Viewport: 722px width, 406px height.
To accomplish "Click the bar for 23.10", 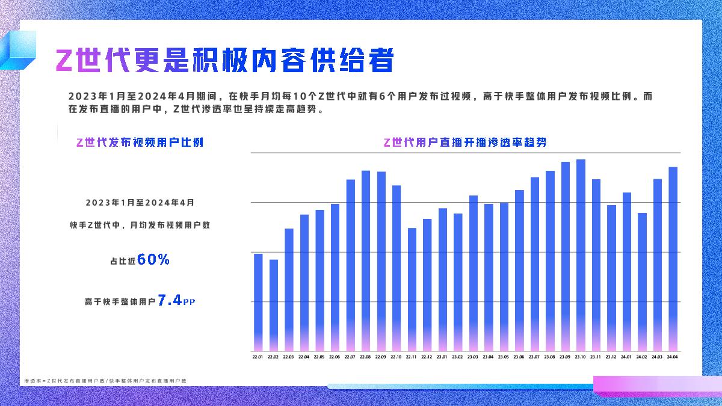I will [581, 255].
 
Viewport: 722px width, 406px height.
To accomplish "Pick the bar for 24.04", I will [673, 259].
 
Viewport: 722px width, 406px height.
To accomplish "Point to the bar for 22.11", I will [412, 289].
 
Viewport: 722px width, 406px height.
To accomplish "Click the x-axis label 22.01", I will [258, 357].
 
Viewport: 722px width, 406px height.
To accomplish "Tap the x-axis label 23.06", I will [519, 357].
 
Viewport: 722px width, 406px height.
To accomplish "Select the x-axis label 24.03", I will [657, 357].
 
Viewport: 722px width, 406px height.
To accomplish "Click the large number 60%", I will [153, 260].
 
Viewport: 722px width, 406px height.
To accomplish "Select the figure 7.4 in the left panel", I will [170, 301].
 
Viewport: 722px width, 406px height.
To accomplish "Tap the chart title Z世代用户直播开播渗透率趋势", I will [464, 143].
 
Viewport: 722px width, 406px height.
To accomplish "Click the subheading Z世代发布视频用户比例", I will [140, 143].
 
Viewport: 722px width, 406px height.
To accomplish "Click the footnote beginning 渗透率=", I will [105, 381].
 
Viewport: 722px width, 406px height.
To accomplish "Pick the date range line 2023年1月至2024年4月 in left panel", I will [140, 203].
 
